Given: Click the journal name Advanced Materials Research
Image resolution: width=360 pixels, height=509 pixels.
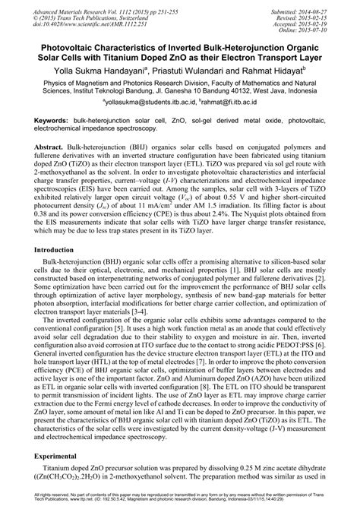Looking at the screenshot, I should click(60, 5).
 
